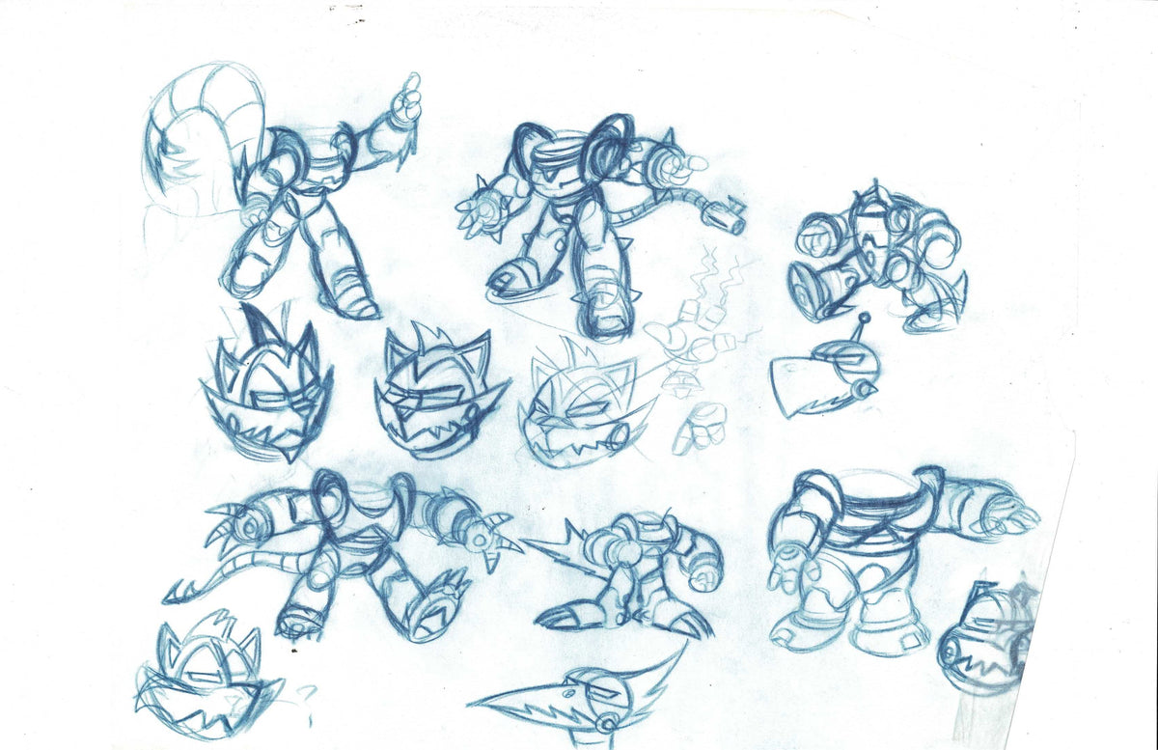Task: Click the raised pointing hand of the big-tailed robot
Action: (408, 97)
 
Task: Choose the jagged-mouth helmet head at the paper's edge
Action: (984, 642)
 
